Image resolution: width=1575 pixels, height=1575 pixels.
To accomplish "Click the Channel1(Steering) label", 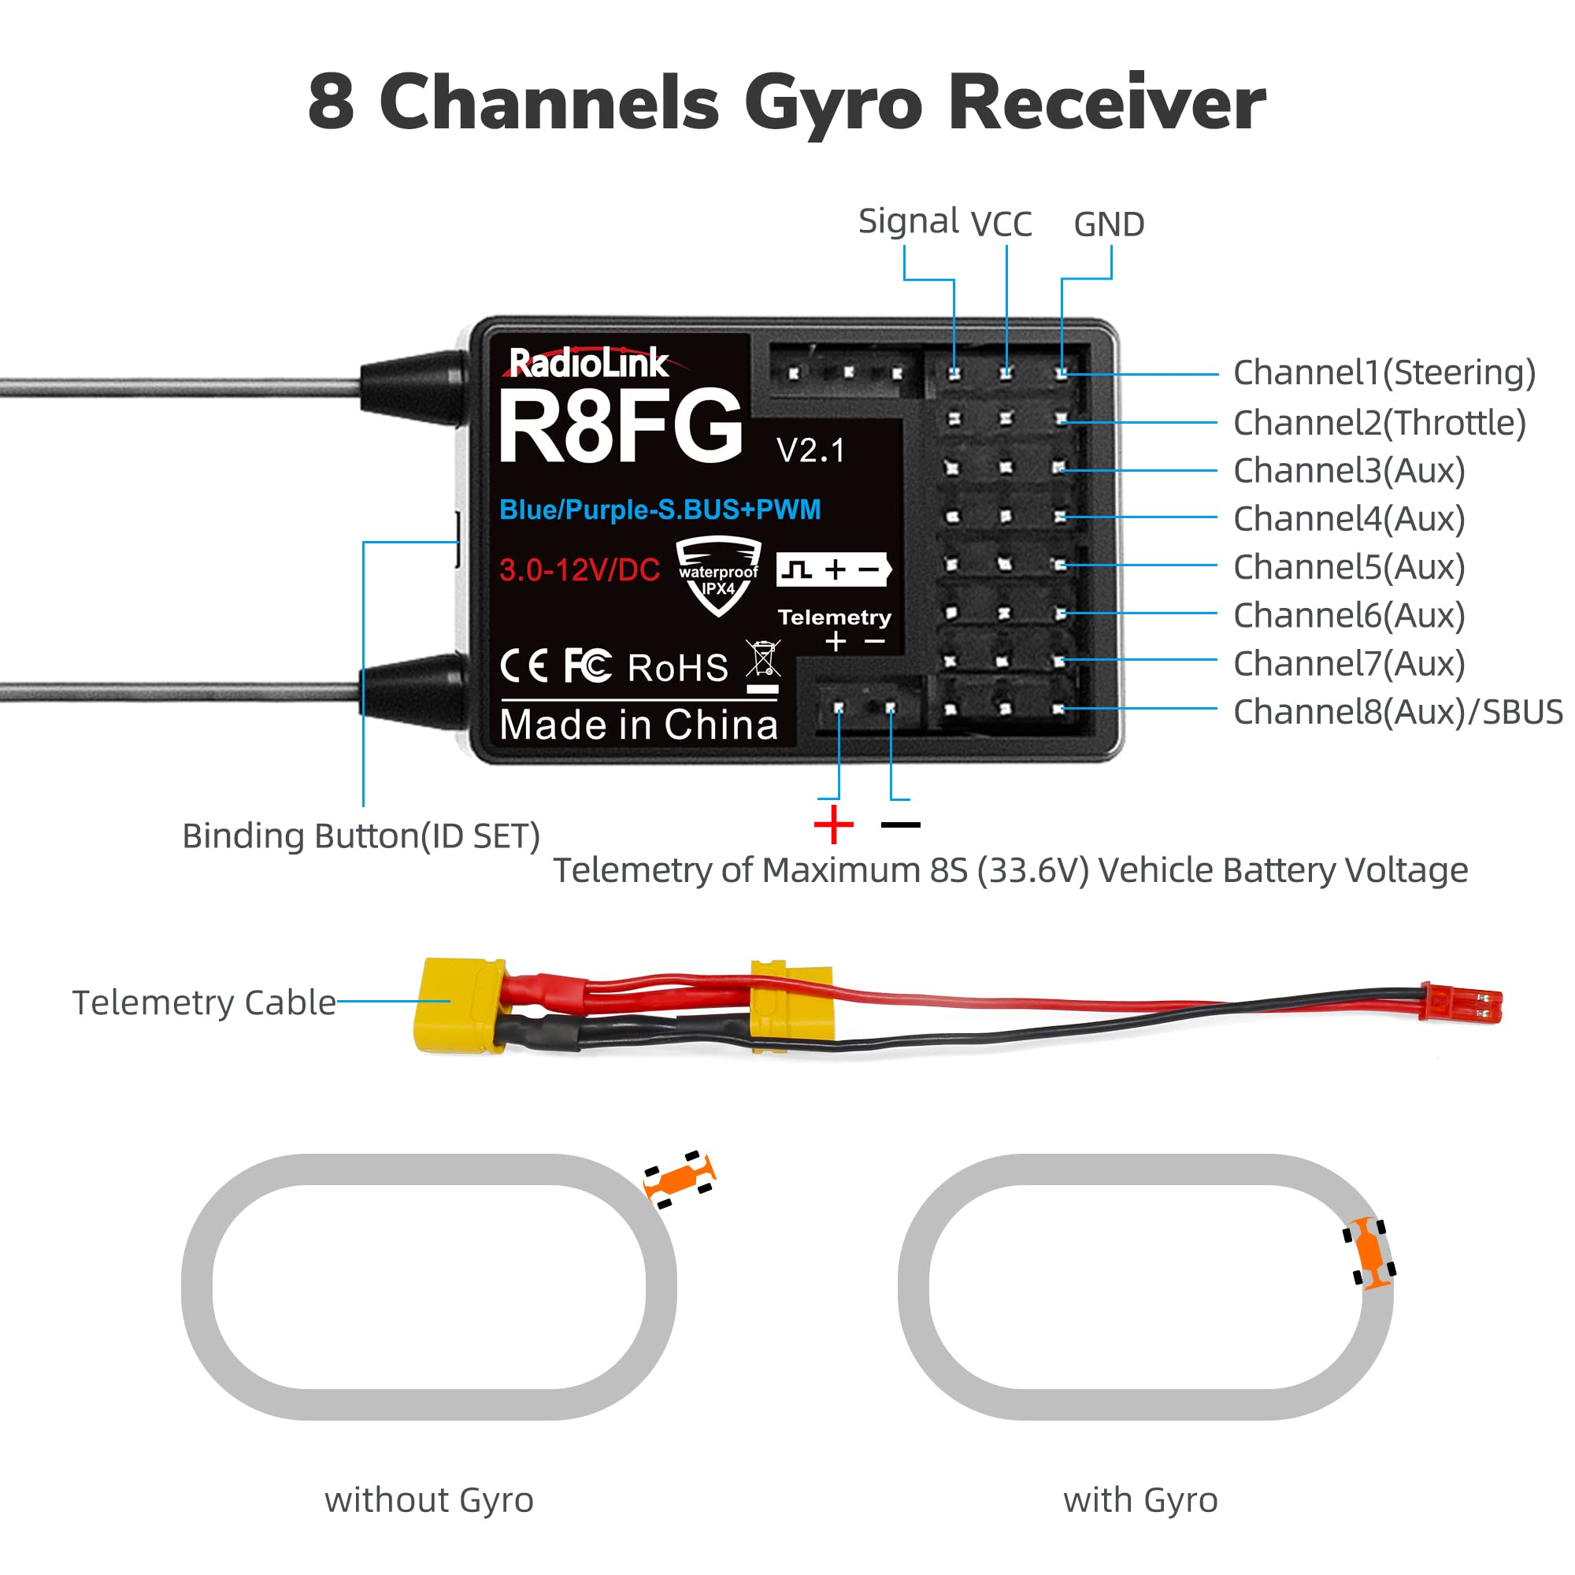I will click(1384, 372).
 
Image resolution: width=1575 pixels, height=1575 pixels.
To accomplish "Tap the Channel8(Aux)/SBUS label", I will click(1397, 712).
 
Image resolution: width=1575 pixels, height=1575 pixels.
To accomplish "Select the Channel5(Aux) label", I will click(1348, 566).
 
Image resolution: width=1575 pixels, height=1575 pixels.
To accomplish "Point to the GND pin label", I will click(1109, 224).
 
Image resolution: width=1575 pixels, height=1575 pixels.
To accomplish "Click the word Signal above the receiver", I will click(907, 221).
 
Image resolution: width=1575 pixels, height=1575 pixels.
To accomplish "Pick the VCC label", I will click(1001, 224).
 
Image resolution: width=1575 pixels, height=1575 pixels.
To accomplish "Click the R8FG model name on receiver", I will click(620, 426).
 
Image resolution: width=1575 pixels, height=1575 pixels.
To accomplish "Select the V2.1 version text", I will click(810, 450).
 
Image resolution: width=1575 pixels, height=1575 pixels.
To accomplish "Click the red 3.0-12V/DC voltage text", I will click(580, 570).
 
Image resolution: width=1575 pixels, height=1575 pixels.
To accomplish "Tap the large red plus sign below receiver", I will click(833, 825).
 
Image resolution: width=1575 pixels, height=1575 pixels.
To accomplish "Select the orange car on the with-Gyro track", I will click(1369, 1252).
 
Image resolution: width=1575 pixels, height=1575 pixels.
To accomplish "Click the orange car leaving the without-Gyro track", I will click(678, 1178).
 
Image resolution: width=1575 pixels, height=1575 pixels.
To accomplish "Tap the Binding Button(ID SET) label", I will click(361, 836).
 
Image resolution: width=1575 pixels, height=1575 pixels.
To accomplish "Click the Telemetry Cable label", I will click(204, 1002).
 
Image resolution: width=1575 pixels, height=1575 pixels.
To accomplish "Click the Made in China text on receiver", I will click(639, 724).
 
